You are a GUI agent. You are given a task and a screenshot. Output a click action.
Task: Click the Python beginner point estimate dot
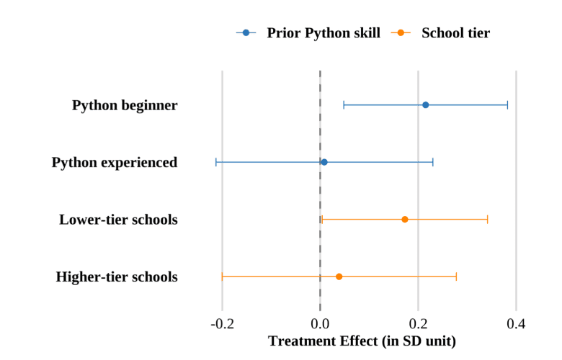(x=425, y=105)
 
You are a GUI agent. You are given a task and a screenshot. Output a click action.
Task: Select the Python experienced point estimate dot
(x=324, y=162)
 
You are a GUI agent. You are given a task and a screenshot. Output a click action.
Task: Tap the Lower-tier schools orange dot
(x=404, y=219)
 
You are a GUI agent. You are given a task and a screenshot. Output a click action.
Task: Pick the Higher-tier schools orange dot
(x=339, y=276)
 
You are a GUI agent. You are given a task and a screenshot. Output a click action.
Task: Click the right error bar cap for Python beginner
(x=507, y=105)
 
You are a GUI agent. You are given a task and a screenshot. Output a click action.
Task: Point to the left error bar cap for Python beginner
(x=344, y=105)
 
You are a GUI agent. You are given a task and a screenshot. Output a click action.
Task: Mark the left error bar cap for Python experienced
(x=216, y=162)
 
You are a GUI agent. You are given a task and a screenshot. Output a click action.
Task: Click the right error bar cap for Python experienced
(x=433, y=162)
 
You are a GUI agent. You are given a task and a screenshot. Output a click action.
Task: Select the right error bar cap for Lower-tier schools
(x=487, y=219)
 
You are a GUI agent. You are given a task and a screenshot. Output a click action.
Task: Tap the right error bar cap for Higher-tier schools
(x=456, y=276)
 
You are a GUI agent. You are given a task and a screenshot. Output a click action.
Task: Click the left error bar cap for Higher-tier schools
(x=222, y=276)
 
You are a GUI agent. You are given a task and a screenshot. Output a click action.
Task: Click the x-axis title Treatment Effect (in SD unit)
(x=362, y=341)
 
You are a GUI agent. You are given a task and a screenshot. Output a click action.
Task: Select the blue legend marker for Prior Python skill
(x=246, y=33)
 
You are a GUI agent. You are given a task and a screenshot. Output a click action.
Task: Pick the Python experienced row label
(x=115, y=162)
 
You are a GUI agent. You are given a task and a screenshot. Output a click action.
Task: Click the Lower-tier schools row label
(x=118, y=219)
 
